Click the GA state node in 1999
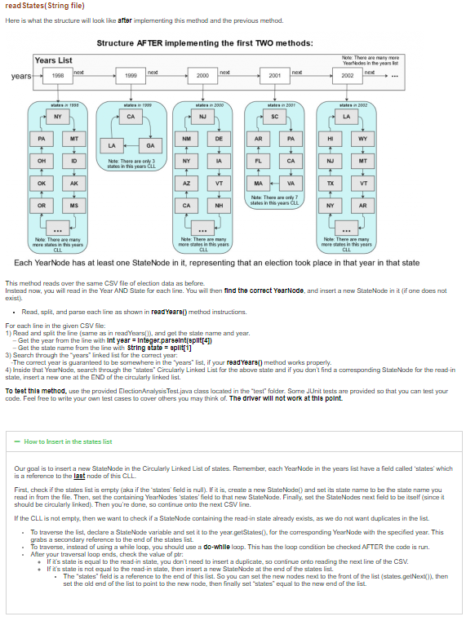tap(149, 145)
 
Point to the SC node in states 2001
tap(277, 118)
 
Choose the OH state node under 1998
tap(40, 161)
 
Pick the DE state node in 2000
tap(220, 140)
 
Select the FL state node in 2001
tap(258, 161)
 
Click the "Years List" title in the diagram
tap(54, 60)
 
